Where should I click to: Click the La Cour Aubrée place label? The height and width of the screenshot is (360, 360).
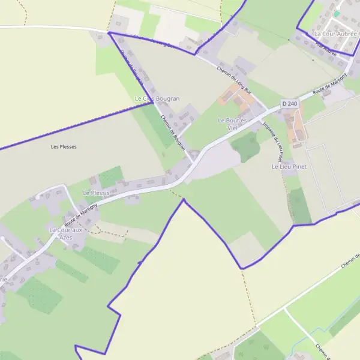point(335,34)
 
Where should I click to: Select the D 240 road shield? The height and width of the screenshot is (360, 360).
point(289,104)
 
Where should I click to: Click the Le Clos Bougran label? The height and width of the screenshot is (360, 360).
point(157,98)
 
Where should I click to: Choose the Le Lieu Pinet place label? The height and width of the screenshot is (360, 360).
point(289,166)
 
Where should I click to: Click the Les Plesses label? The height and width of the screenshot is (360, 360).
point(64,146)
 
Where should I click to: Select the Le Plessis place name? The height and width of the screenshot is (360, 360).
point(96,193)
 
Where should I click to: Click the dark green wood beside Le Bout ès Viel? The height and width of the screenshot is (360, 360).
point(245,146)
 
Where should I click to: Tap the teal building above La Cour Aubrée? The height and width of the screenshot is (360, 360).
point(337,13)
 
